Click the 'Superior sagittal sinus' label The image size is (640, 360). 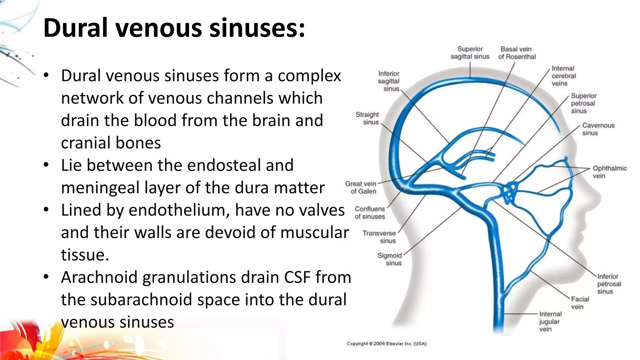(470, 53)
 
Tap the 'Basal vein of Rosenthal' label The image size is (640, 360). (517, 53)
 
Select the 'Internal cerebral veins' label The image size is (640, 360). (563, 76)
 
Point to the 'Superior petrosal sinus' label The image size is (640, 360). (583, 103)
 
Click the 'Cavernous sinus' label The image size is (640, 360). (598, 129)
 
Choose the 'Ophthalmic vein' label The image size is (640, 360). (609, 172)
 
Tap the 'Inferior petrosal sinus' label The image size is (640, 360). (609, 284)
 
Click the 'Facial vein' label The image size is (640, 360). (580, 303)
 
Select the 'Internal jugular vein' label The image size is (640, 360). (550, 322)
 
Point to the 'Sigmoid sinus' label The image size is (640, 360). (390, 259)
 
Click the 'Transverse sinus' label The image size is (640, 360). (379, 237)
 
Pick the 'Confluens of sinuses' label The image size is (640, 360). (370, 212)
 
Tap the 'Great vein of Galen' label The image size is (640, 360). (361, 187)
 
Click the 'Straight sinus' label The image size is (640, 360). (367, 118)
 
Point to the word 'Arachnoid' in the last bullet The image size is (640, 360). (99, 277)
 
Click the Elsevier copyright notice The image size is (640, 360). (387, 344)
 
